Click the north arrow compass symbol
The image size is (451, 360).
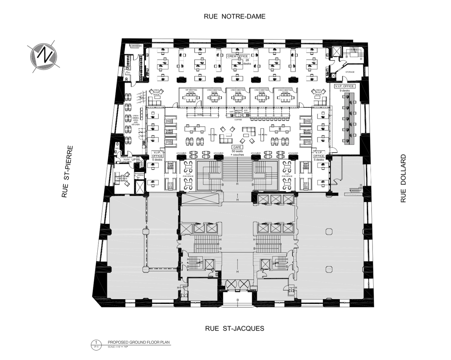[43, 56]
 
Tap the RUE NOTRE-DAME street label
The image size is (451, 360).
[235, 16]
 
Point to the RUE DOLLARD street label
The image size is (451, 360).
[404, 178]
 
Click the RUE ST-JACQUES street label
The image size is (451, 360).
[235, 328]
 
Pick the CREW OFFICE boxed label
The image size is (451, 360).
[238, 56]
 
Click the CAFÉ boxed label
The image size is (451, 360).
[237, 147]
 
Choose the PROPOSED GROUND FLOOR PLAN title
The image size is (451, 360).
[139, 342]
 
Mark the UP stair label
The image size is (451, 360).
[133, 160]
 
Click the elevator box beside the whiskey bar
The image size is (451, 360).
[140, 186]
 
